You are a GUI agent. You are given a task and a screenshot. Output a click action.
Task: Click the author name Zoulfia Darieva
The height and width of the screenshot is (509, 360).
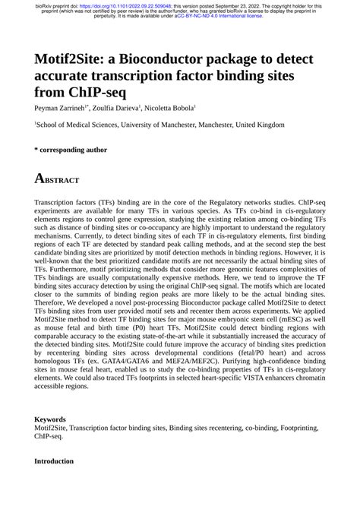[x=109, y=109]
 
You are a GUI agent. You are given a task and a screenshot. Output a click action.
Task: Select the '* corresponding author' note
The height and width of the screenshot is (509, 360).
[x=71, y=150]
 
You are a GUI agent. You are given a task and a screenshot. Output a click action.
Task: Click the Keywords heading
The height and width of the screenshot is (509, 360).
[x=50, y=419]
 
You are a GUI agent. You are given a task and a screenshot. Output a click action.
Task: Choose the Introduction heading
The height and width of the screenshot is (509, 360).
[x=54, y=461]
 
